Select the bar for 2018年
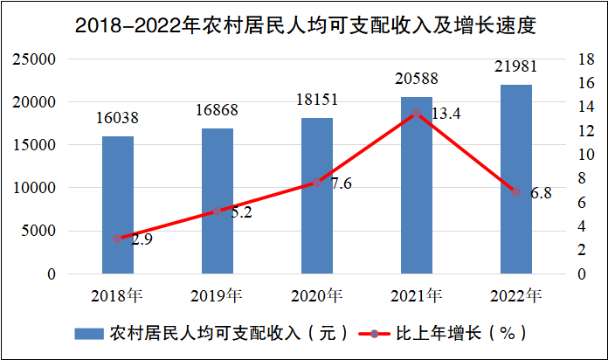(118, 204)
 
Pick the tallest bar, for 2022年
(515, 179)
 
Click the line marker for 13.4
(417, 114)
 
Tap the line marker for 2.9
(118, 239)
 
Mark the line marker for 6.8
(515, 192)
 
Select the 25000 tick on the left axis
(34, 59)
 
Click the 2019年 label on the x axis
(216, 294)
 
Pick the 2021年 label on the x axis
(415, 294)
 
